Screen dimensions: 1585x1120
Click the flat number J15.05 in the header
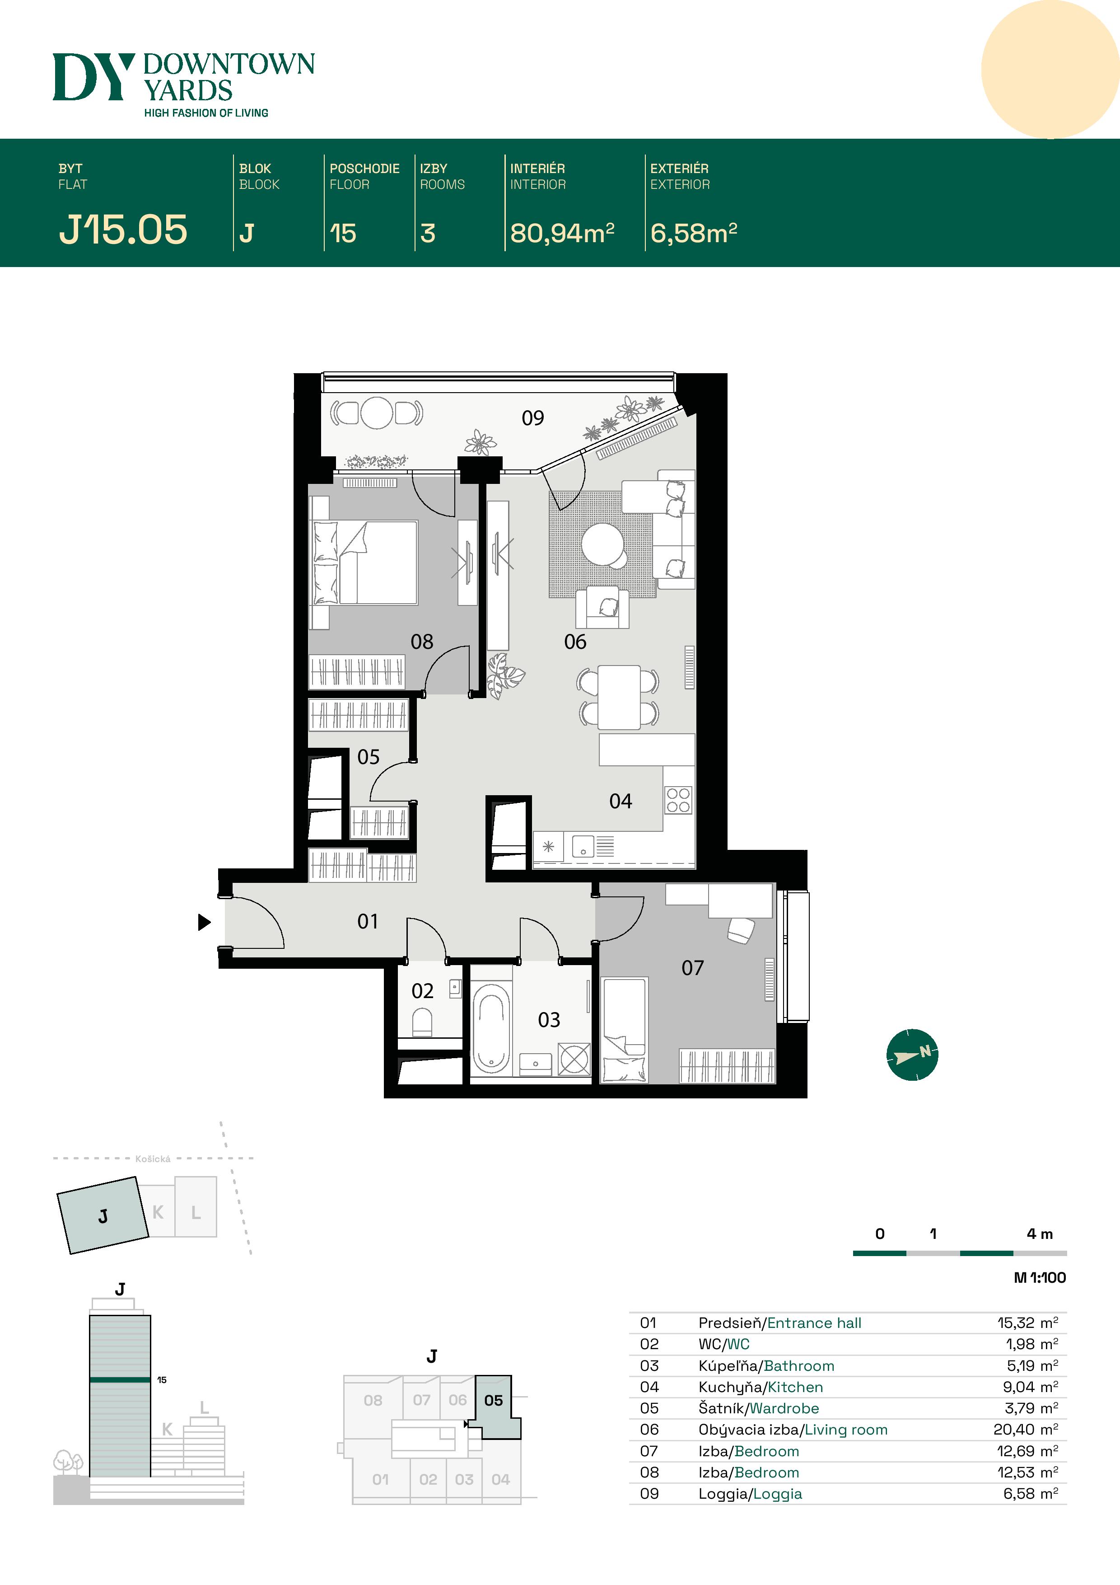click(x=123, y=230)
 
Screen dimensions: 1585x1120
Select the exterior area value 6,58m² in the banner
click(x=693, y=233)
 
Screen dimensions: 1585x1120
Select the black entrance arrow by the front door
click(x=204, y=922)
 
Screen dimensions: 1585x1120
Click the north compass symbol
click(x=912, y=1054)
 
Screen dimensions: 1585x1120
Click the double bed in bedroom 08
click(x=376, y=563)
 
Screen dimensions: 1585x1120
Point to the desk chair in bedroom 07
click(x=741, y=930)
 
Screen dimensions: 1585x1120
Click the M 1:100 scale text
click(x=1039, y=1277)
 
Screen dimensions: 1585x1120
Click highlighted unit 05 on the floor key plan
click(x=494, y=1400)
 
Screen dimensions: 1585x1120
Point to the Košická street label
click(x=153, y=1159)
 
